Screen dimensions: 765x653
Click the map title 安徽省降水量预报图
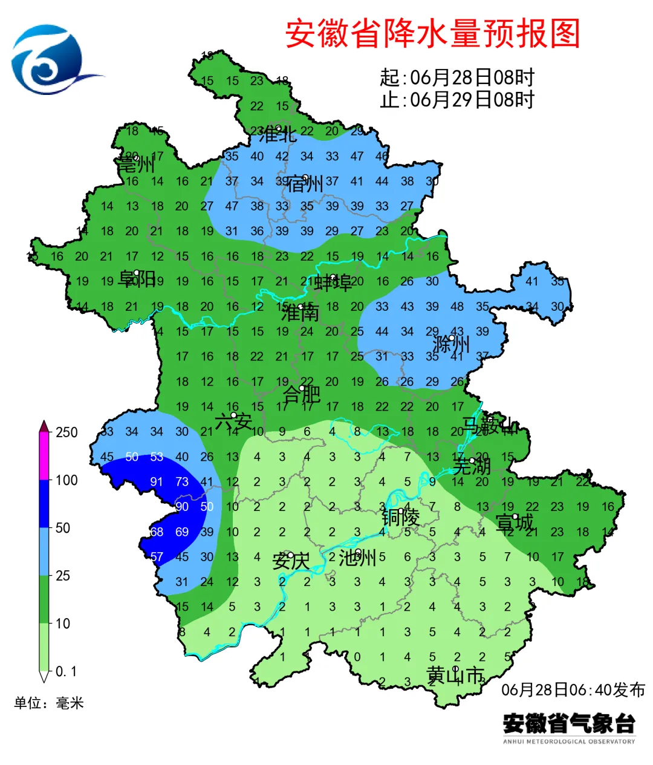(432, 33)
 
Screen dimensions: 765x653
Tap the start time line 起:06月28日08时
(457, 77)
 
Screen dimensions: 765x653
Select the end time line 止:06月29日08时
(457, 99)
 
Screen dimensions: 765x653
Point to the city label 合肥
(302, 394)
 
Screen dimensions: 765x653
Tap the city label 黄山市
(455, 675)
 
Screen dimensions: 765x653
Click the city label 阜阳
(137, 279)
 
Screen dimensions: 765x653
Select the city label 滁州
(451, 344)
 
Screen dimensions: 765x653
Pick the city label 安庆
(291, 561)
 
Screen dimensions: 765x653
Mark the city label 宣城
(515, 522)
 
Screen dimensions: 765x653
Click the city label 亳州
(136, 164)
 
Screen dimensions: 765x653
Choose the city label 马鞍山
(490, 425)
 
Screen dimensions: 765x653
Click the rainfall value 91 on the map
(157, 482)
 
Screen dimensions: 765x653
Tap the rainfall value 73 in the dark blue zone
(182, 482)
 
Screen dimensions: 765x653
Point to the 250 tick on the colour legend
(67, 432)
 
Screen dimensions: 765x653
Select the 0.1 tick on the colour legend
(66, 672)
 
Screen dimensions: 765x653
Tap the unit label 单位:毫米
(49, 703)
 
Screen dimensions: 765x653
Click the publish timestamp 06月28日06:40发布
(573, 689)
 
